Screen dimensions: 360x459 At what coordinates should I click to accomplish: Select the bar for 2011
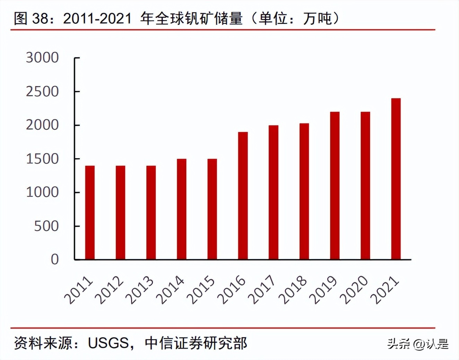pos(90,213)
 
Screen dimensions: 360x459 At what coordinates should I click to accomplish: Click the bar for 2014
pos(182,209)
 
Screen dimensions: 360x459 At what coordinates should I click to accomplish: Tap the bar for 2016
pos(243,196)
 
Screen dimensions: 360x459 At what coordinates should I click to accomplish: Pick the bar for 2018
pos(304,191)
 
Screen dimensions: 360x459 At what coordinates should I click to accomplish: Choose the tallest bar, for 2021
pos(396,179)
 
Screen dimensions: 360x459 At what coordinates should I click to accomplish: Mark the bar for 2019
pos(335,186)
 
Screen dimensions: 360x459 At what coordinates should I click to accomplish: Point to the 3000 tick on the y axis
pos(42,58)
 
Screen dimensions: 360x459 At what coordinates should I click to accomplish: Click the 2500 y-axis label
pos(42,92)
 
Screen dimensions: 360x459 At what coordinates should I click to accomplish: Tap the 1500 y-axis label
pos(42,159)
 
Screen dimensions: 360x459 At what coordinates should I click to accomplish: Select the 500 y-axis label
pos(46,226)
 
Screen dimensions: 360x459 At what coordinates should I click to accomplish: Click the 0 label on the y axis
pos(55,259)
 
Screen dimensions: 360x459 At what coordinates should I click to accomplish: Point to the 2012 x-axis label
pos(109,291)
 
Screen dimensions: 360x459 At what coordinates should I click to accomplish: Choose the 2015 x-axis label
pos(201,291)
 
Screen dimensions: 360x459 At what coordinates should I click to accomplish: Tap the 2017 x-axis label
pos(262,291)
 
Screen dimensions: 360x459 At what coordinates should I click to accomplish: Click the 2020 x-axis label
pos(354,291)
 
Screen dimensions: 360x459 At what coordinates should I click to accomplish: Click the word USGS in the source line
pos(108,343)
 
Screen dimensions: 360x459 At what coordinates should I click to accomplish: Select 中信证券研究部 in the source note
pos(196,343)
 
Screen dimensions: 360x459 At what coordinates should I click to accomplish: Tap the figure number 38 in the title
pos(41,18)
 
